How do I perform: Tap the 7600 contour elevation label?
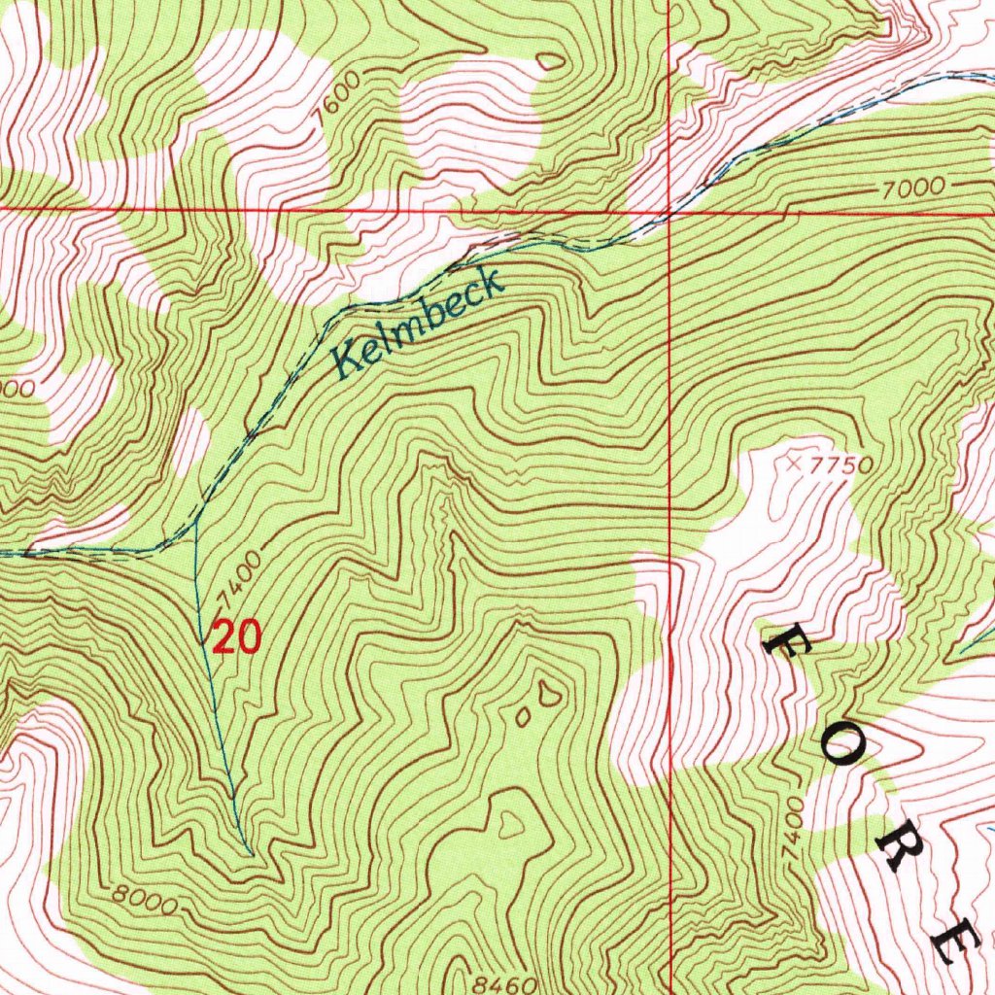pos(344,97)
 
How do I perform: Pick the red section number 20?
pos(236,637)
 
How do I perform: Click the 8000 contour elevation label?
pos(143,899)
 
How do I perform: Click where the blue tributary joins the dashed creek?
pos(197,520)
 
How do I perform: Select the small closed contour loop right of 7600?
pos(551,61)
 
